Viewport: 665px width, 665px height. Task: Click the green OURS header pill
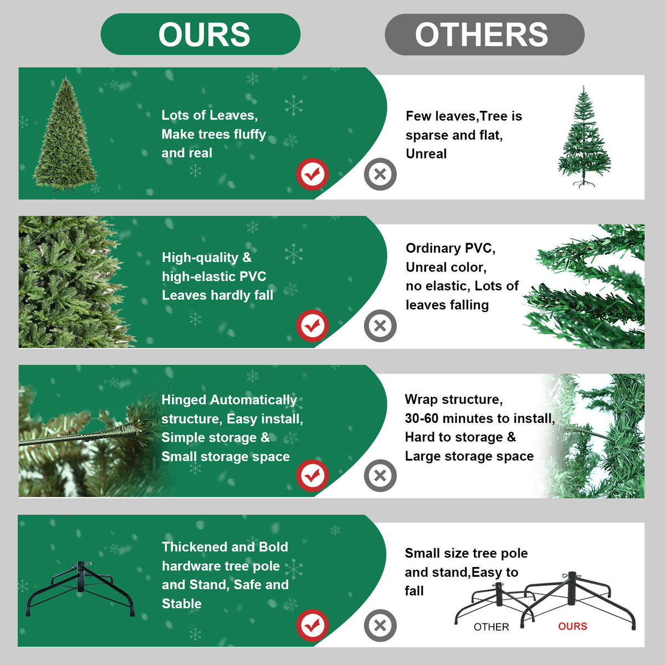click(200, 34)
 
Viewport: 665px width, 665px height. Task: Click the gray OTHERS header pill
click(484, 34)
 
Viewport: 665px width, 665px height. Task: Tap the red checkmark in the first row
click(313, 175)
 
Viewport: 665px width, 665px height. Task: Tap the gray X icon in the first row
click(380, 174)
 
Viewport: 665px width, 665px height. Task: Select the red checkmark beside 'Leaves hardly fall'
click(313, 326)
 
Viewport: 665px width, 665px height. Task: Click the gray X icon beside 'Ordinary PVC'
click(380, 325)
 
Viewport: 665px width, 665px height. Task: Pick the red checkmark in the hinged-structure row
click(313, 475)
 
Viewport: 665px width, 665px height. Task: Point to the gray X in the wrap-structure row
click(380, 475)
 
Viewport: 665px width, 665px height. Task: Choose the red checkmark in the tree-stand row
click(313, 626)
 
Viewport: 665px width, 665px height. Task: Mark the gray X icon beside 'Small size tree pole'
click(380, 626)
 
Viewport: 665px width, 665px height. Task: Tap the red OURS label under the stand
click(572, 626)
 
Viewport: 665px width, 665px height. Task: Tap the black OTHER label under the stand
click(491, 627)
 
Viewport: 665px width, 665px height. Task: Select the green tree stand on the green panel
click(81, 589)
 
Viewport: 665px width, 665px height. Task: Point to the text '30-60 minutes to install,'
click(479, 418)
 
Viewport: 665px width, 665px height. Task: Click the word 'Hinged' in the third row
click(184, 400)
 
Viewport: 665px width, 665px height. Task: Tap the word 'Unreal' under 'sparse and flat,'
click(426, 154)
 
